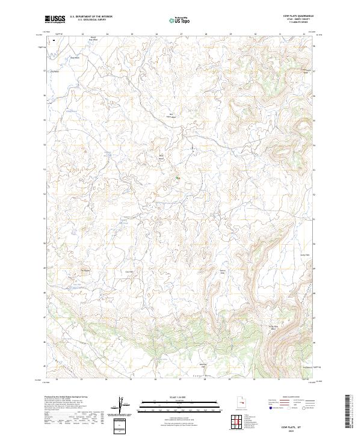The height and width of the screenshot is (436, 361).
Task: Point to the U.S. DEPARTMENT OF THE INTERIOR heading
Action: coord(91,17)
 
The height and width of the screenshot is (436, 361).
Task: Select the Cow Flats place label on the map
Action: coord(128,272)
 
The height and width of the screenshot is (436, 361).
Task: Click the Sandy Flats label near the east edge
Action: coord(304,255)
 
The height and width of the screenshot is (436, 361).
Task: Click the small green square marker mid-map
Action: coord(177,178)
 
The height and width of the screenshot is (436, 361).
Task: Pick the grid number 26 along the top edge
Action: coord(156,34)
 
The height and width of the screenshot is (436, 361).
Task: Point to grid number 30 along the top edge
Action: coord(255,34)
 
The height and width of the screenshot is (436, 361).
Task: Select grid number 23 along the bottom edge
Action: coord(82,379)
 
